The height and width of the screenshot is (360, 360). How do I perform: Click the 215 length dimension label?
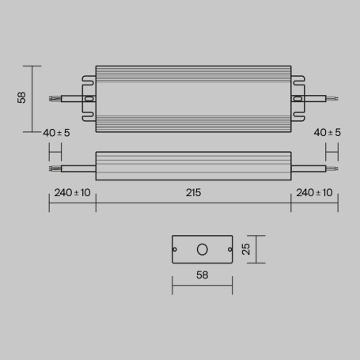click(192, 192)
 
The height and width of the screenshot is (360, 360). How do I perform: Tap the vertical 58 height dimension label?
click(21, 98)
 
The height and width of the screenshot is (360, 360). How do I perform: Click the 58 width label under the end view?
click(202, 276)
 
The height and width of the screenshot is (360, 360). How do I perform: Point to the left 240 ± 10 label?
click(72, 192)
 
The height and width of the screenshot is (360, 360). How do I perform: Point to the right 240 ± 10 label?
click(314, 192)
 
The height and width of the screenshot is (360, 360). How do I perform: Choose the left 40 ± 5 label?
click(56, 132)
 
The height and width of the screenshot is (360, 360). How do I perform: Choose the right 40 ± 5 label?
click(328, 132)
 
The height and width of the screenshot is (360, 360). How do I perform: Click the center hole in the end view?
click(202, 249)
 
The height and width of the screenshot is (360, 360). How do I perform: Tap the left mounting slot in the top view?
click(89, 99)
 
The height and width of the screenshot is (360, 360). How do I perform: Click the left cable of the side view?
click(75, 168)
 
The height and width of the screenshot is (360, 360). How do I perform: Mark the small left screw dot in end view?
click(176, 249)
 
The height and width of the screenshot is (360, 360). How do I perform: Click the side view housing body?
click(192, 167)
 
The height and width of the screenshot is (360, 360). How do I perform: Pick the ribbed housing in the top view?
click(192, 98)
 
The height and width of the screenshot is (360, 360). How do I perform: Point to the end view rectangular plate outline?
click(202, 236)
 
